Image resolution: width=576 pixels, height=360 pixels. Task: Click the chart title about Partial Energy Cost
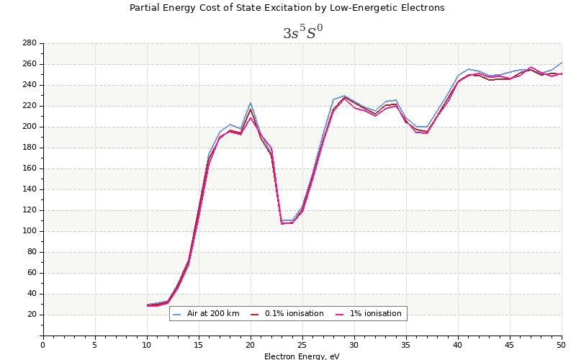click(x=287, y=8)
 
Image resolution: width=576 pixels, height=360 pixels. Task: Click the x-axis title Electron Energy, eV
click(x=302, y=356)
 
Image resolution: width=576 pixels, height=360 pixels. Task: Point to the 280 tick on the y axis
click(x=29, y=43)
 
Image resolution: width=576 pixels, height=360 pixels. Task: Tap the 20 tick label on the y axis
click(x=31, y=315)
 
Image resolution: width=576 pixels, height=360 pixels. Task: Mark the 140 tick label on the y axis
click(x=29, y=189)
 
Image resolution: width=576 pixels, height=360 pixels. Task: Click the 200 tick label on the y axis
click(x=29, y=127)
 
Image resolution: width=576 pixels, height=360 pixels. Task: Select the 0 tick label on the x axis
click(x=42, y=345)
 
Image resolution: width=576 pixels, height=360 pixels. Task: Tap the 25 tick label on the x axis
click(x=302, y=345)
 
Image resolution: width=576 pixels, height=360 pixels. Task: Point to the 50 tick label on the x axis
click(x=562, y=345)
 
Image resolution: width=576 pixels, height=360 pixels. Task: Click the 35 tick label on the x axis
click(x=406, y=345)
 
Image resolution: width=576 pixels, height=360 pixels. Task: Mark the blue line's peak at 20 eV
click(x=251, y=102)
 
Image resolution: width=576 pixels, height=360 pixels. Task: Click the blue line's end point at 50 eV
click(x=562, y=63)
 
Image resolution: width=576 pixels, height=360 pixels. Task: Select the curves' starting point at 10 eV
click(x=147, y=305)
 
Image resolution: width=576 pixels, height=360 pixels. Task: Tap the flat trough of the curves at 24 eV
click(x=287, y=221)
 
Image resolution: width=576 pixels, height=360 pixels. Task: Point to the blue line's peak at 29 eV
click(x=344, y=96)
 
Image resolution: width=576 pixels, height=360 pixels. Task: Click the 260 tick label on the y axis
click(x=29, y=64)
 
